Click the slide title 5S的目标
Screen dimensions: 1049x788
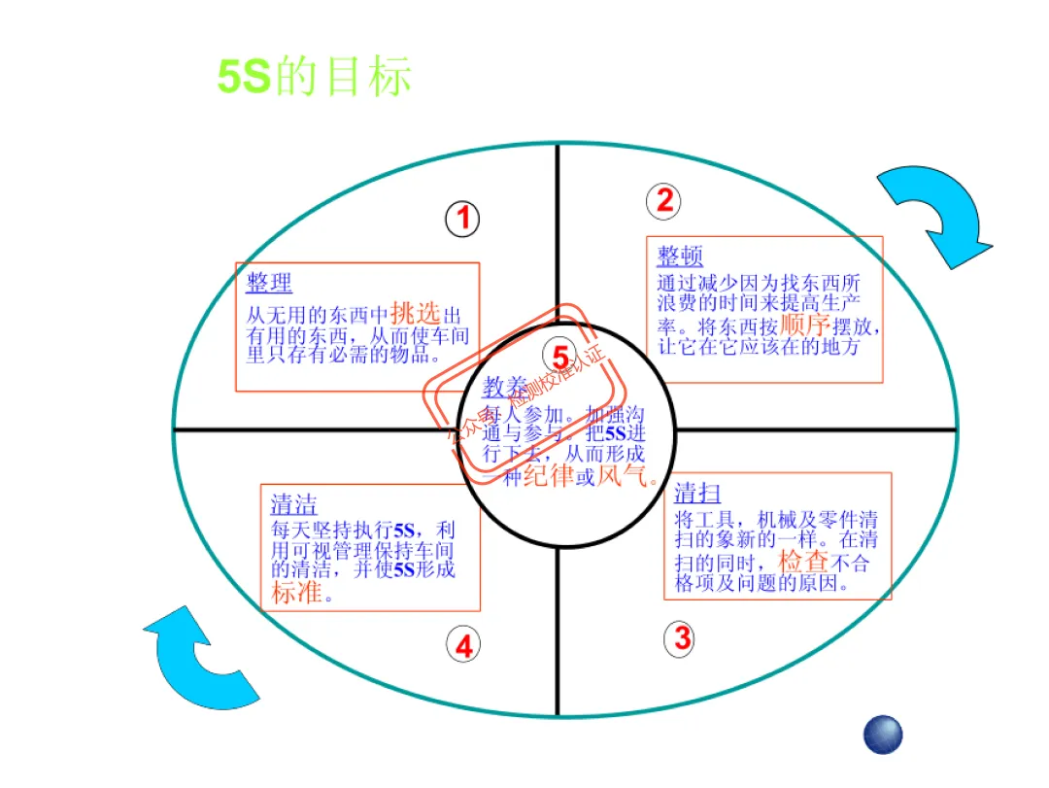point(314,76)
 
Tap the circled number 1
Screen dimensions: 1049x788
point(463,219)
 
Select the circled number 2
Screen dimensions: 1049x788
point(663,200)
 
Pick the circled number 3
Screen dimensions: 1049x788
point(682,638)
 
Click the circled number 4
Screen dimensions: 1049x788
point(463,645)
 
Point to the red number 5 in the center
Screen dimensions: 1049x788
point(560,357)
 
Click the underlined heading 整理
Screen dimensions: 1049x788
point(269,283)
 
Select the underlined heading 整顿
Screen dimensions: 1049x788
point(680,257)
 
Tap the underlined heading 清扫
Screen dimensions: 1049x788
point(697,492)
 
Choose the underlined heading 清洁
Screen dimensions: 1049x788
point(293,504)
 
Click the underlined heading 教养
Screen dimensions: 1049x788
point(506,388)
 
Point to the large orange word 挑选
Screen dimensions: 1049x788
point(415,313)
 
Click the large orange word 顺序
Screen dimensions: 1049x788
point(802,323)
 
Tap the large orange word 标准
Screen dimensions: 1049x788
point(296,593)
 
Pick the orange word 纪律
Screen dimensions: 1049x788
point(548,475)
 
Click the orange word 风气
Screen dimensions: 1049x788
point(623,475)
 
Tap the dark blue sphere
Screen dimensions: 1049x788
point(883,735)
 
